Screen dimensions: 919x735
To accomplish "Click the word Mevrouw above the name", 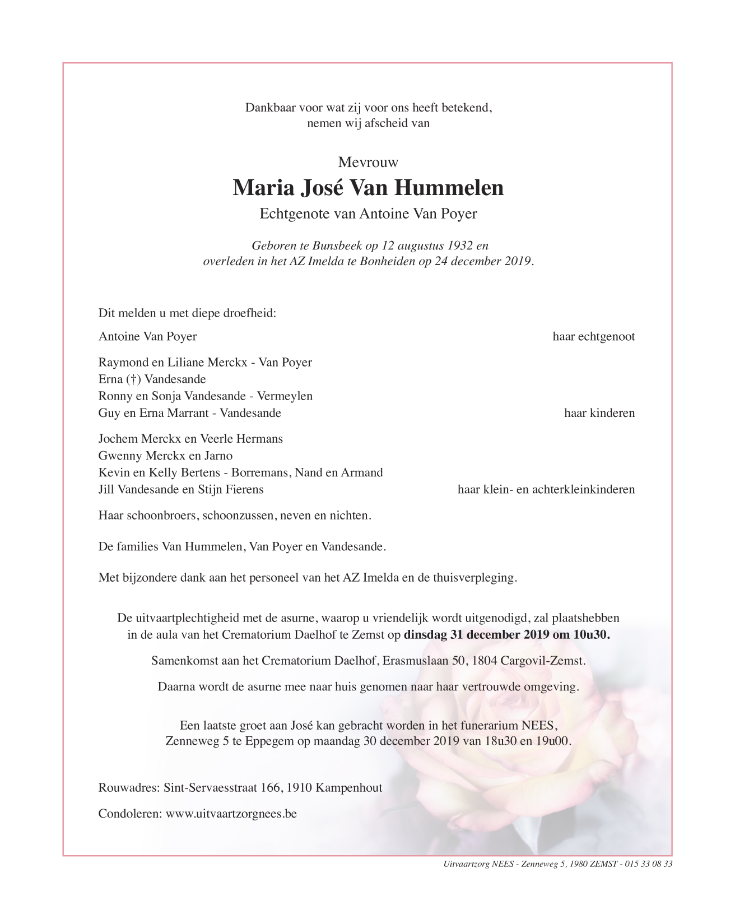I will point(368,163).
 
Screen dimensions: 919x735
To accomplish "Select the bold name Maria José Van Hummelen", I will point(368,188).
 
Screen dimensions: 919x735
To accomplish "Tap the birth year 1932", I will point(460,245).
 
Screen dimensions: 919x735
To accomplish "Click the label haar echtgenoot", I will point(593,336).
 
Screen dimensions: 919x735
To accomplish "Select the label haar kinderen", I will point(599,413).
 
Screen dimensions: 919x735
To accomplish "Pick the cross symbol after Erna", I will point(133,379).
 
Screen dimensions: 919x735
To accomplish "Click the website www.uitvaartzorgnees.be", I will point(231,813).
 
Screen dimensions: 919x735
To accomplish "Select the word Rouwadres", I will point(128,787).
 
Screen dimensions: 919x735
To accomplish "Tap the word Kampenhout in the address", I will point(349,787).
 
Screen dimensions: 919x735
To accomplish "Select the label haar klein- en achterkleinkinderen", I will point(546,489).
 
